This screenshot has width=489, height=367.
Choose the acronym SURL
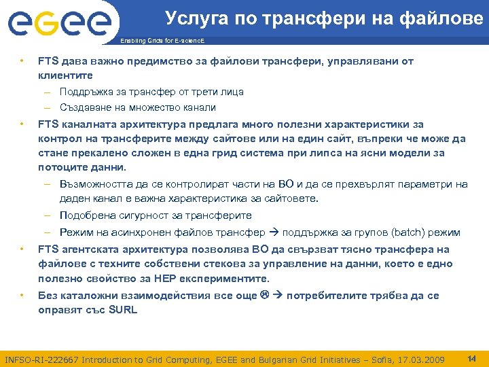coord(122,310)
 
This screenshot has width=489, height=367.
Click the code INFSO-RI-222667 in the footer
coord(41,358)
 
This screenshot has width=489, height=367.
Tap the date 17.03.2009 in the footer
coord(421,358)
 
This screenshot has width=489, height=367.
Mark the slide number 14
coord(472,357)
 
